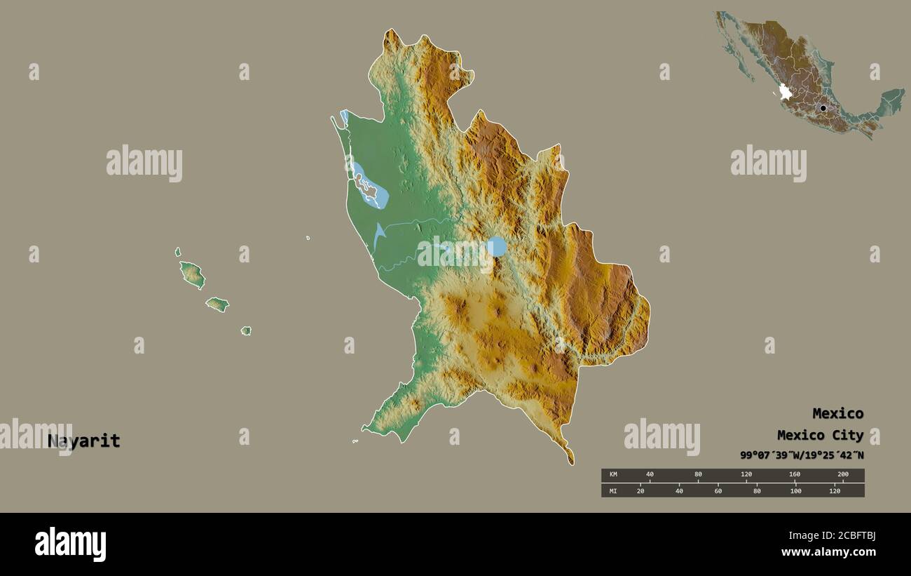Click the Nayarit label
click(x=84, y=441)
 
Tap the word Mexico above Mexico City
click(x=837, y=413)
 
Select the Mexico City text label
click(x=820, y=435)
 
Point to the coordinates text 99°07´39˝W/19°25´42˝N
click(x=802, y=455)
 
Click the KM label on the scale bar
click(x=613, y=475)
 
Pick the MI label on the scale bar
click(x=613, y=490)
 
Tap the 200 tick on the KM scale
click(x=842, y=475)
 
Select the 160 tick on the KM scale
click(x=794, y=475)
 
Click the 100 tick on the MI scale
click(x=795, y=490)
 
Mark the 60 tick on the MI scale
click(x=718, y=490)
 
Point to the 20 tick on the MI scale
click(x=640, y=490)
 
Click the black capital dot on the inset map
click(x=823, y=108)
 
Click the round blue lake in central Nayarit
click(x=497, y=246)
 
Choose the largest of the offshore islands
click(x=191, y=274)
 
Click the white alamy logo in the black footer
click(x=71, y=544)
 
